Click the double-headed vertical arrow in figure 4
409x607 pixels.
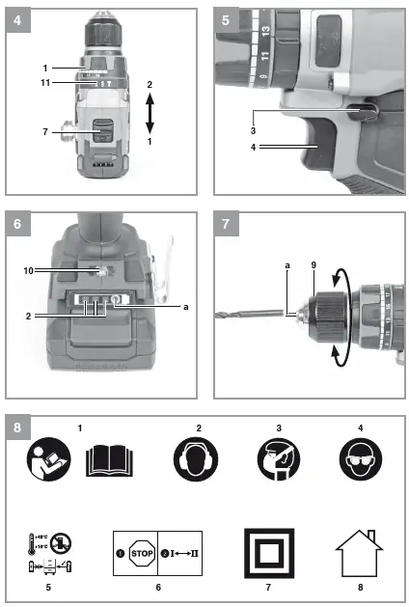click(x=149, y=113)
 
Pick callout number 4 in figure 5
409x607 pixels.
click(x=253, y=148)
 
